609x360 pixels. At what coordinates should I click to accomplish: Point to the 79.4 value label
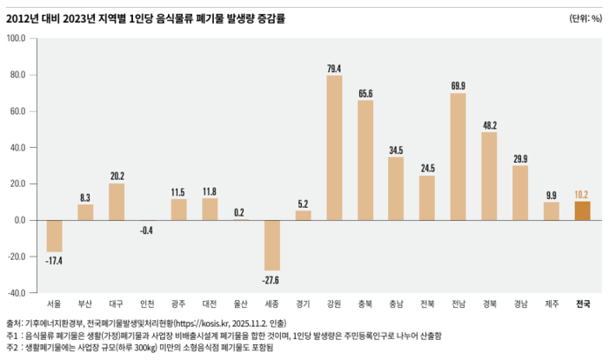[334, 69]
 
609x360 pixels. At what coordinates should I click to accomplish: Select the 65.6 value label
[365, 93]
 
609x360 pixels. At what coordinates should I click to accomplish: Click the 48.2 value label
[489, 125]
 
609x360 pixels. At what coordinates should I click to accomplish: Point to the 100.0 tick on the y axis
[17, 38]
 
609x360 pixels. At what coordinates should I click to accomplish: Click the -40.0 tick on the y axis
[17, 292]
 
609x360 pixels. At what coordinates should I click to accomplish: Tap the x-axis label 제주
[551, 304]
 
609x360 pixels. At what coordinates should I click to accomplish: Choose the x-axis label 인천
[148, 304]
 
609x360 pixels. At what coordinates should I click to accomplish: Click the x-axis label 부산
[85, 304]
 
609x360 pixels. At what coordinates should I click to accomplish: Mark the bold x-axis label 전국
[582, 304]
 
